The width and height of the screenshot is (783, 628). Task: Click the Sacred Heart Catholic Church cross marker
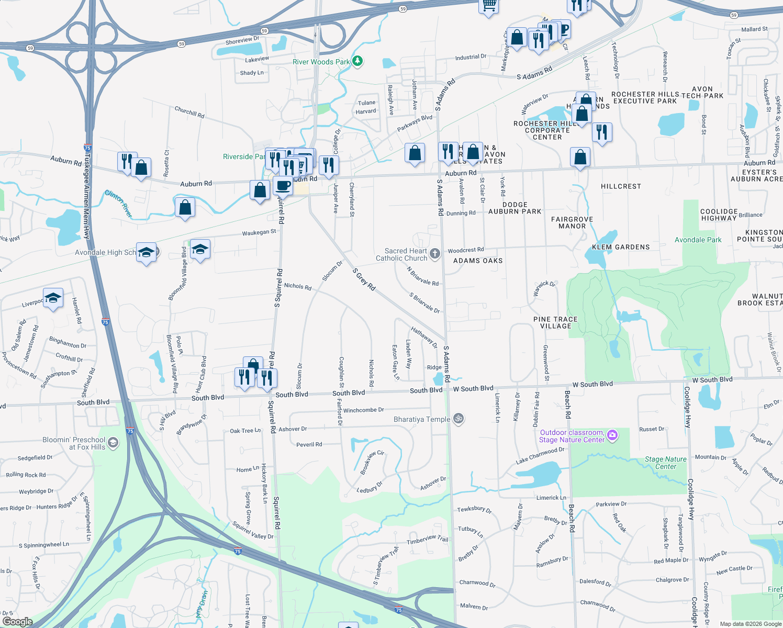click(435, 254)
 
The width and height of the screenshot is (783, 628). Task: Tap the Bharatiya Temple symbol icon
click(458, 419)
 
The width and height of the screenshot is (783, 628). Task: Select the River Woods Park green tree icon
click(357, 61)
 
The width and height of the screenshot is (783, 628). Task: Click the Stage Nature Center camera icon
click(612, 435)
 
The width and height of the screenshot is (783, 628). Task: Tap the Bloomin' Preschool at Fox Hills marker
click(113, 443)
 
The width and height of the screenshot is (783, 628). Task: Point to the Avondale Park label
click(698, 240)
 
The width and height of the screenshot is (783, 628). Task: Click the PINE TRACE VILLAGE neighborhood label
click(555, 322)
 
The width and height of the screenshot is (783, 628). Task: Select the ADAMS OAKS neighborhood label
click(478, 261)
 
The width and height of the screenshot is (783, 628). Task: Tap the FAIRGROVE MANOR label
click(572, 223)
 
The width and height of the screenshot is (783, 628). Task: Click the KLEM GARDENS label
click(621, 247)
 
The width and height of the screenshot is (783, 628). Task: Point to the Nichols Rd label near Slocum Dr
click(298, 286)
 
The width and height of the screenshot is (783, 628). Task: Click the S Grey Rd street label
click(364, 279)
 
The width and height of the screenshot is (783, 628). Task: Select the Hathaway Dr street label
click(424, 338)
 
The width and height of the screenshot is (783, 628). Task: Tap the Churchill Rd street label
click(189, 112)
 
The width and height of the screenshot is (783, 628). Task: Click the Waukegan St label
click(259, 232)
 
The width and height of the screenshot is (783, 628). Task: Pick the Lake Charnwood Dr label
click(540, 455)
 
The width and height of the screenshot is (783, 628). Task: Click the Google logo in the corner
click(17, 621)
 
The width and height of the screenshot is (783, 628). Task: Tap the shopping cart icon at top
click(488, 6)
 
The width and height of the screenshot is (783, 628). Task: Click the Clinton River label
click(119, 203)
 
